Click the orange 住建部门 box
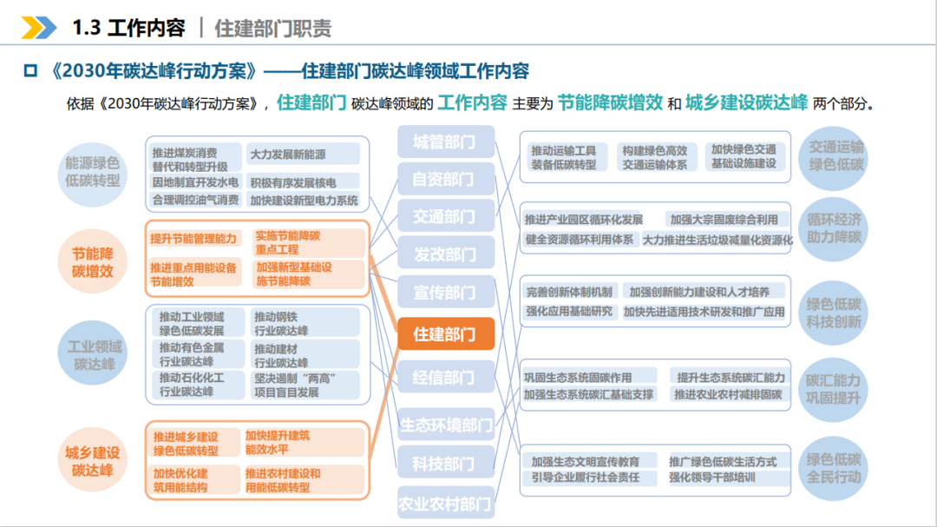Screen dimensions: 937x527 (x=446, y=333)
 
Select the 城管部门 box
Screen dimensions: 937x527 (x=446, y=142)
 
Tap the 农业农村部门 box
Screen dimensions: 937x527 (x=446, y=503)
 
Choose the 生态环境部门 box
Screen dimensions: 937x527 (x=446, y=425)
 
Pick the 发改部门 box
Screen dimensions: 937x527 (x=446, y=254)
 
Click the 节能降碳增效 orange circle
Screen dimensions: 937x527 (x=93, y=262)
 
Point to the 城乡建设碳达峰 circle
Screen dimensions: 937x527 (x=93, y=460)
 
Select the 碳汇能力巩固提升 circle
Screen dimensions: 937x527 (x=833, y=389)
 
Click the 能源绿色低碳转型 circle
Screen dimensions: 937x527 (x=93, y=173)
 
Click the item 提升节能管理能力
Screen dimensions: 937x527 (x=193, y=239)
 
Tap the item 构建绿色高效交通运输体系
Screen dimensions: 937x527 (x=655, y=157)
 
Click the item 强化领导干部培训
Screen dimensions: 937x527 (x=712, y=478)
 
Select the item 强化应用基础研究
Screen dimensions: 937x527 (x=569, y=312)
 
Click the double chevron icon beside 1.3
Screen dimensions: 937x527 (x=39, y=28)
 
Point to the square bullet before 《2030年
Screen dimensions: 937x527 (x=30, y=71)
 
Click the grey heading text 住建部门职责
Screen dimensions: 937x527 (x=273, y=28)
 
